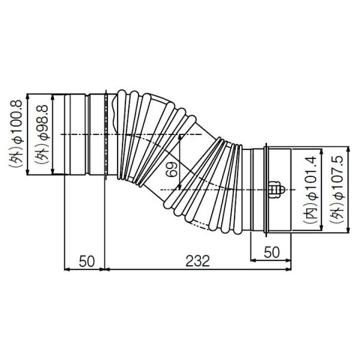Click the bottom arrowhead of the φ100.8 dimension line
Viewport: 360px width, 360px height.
(x=29, y=175)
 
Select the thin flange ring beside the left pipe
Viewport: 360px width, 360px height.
(x=106, y=135)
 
